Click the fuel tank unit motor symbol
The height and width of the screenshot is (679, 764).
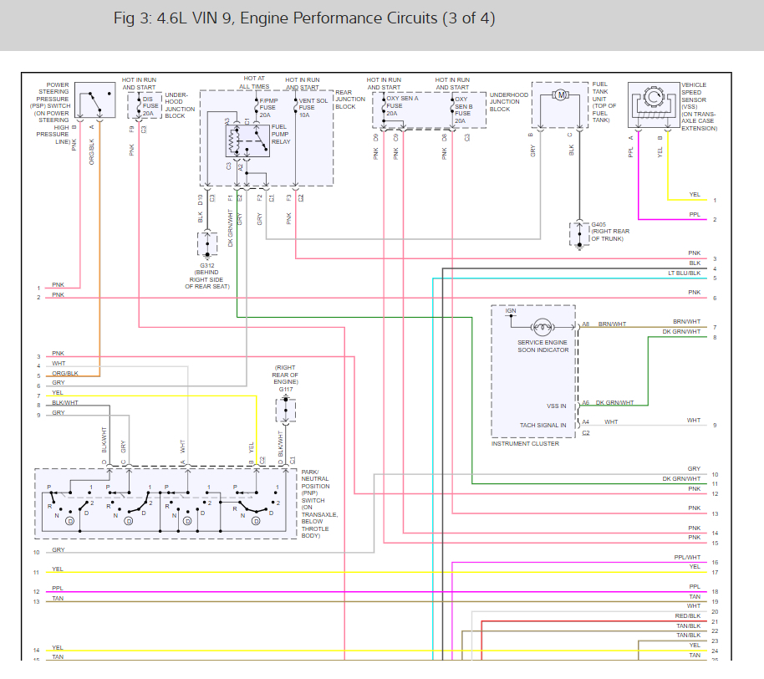[x=561, y=94]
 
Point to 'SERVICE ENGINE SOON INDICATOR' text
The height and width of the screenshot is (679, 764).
[x=542, y=346]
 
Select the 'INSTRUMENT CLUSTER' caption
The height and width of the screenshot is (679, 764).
[x=525, y=443]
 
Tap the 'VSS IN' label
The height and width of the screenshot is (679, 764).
[x=556, y=406]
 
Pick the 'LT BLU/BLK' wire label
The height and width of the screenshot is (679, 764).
[x=685, y=273]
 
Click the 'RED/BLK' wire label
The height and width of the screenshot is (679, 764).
[x=689, y=615]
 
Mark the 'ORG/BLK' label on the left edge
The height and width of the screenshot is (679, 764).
[x=64, y=373]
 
